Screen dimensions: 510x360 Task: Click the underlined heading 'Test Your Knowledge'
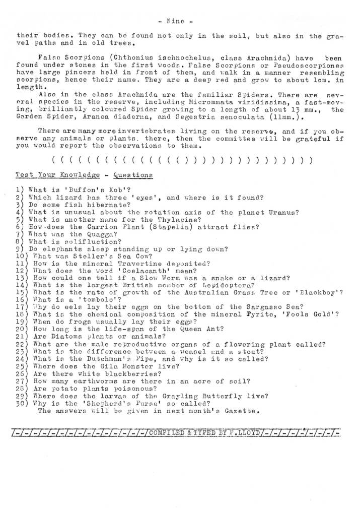tap(57, 174)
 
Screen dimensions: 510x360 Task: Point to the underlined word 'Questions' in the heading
tap(133, 174)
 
